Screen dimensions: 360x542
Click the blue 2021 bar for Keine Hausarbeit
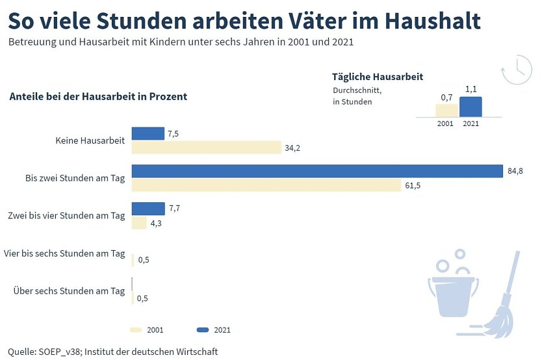148,133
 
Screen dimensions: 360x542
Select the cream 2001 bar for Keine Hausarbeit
206,148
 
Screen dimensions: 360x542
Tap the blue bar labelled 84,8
318,171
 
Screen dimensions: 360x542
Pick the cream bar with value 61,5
266,185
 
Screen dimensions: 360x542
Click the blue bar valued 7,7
148,209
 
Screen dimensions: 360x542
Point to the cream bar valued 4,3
139,223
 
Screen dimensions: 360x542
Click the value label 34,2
292,148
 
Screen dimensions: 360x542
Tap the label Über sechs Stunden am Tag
69,291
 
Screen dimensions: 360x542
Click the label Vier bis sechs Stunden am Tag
64,253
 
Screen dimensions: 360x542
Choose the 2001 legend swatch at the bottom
136,329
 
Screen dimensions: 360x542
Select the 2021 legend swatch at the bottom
202,329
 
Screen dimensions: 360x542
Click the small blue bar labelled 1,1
471,107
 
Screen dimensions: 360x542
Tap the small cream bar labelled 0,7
446,110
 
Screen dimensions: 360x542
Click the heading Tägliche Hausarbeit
378,77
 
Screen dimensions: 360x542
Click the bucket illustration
453,296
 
